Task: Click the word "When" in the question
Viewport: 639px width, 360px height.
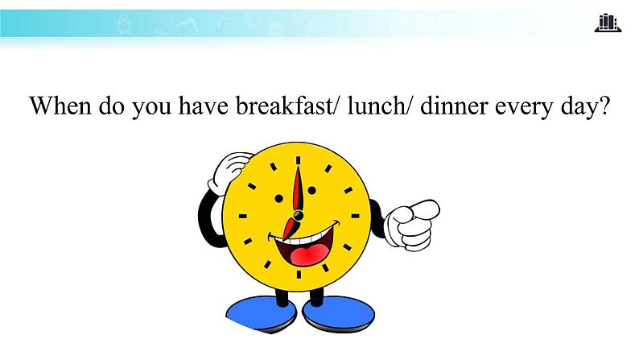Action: click(x=60, y=107)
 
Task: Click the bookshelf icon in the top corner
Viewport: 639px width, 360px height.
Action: click(x=608, y=23)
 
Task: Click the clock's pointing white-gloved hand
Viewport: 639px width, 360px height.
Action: click(x=411, y=221)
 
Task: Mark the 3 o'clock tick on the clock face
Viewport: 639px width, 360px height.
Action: click(x=355, y=216)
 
